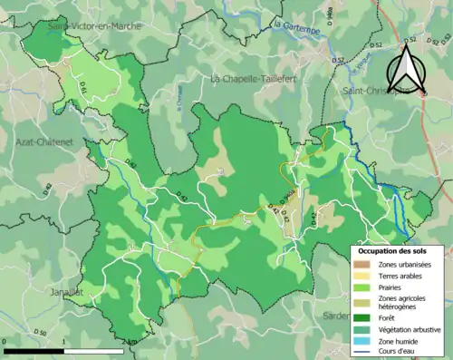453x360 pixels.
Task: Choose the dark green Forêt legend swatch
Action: click(361, 316)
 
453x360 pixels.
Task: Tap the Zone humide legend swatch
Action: click(361, 340)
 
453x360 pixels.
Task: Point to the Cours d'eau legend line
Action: click(361, 352)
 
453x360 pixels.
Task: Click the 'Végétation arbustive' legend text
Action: click(407, 328)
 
